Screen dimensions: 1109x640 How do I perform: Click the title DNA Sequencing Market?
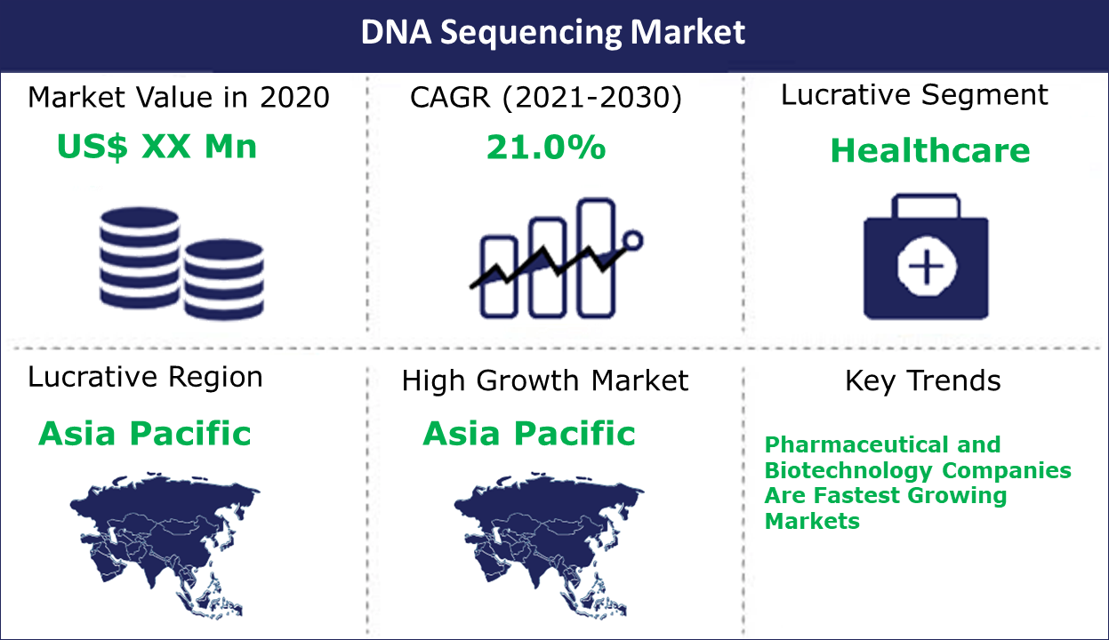click(x=552, y=33)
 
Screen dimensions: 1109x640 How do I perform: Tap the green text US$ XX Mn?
click(x=157, y=147)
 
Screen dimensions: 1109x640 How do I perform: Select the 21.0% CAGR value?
click(x=545, y=148)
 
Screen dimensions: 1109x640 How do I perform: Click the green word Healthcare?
click(x=930, y=150)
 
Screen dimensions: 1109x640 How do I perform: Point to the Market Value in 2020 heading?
click(x=179, y=97)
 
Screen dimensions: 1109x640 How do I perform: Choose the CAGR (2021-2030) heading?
click(x=545, y=98)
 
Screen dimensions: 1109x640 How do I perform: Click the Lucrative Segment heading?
click(x=914, y=95)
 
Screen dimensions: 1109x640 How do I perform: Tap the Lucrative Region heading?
click(x=145, y=378)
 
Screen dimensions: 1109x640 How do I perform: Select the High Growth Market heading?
click(x=545, y=381)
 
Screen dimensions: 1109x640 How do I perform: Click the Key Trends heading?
click(x=923, y=381)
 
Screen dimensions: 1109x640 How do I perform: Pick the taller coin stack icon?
click(x=140, y=258)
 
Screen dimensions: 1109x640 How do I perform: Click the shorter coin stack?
click(x=224, y=279)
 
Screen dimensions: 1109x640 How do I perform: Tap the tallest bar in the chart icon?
click(x=597, y=258)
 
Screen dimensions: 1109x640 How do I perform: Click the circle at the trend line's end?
click(x=633, y=241)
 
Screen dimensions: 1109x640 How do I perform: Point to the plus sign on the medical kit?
click(x=927, y=267)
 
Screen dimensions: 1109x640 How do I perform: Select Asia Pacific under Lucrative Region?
click(x=145, y=434)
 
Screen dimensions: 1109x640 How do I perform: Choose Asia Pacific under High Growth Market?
click(x=529, y=434)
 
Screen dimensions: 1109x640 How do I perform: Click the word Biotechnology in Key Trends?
click(x=848, y=471)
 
